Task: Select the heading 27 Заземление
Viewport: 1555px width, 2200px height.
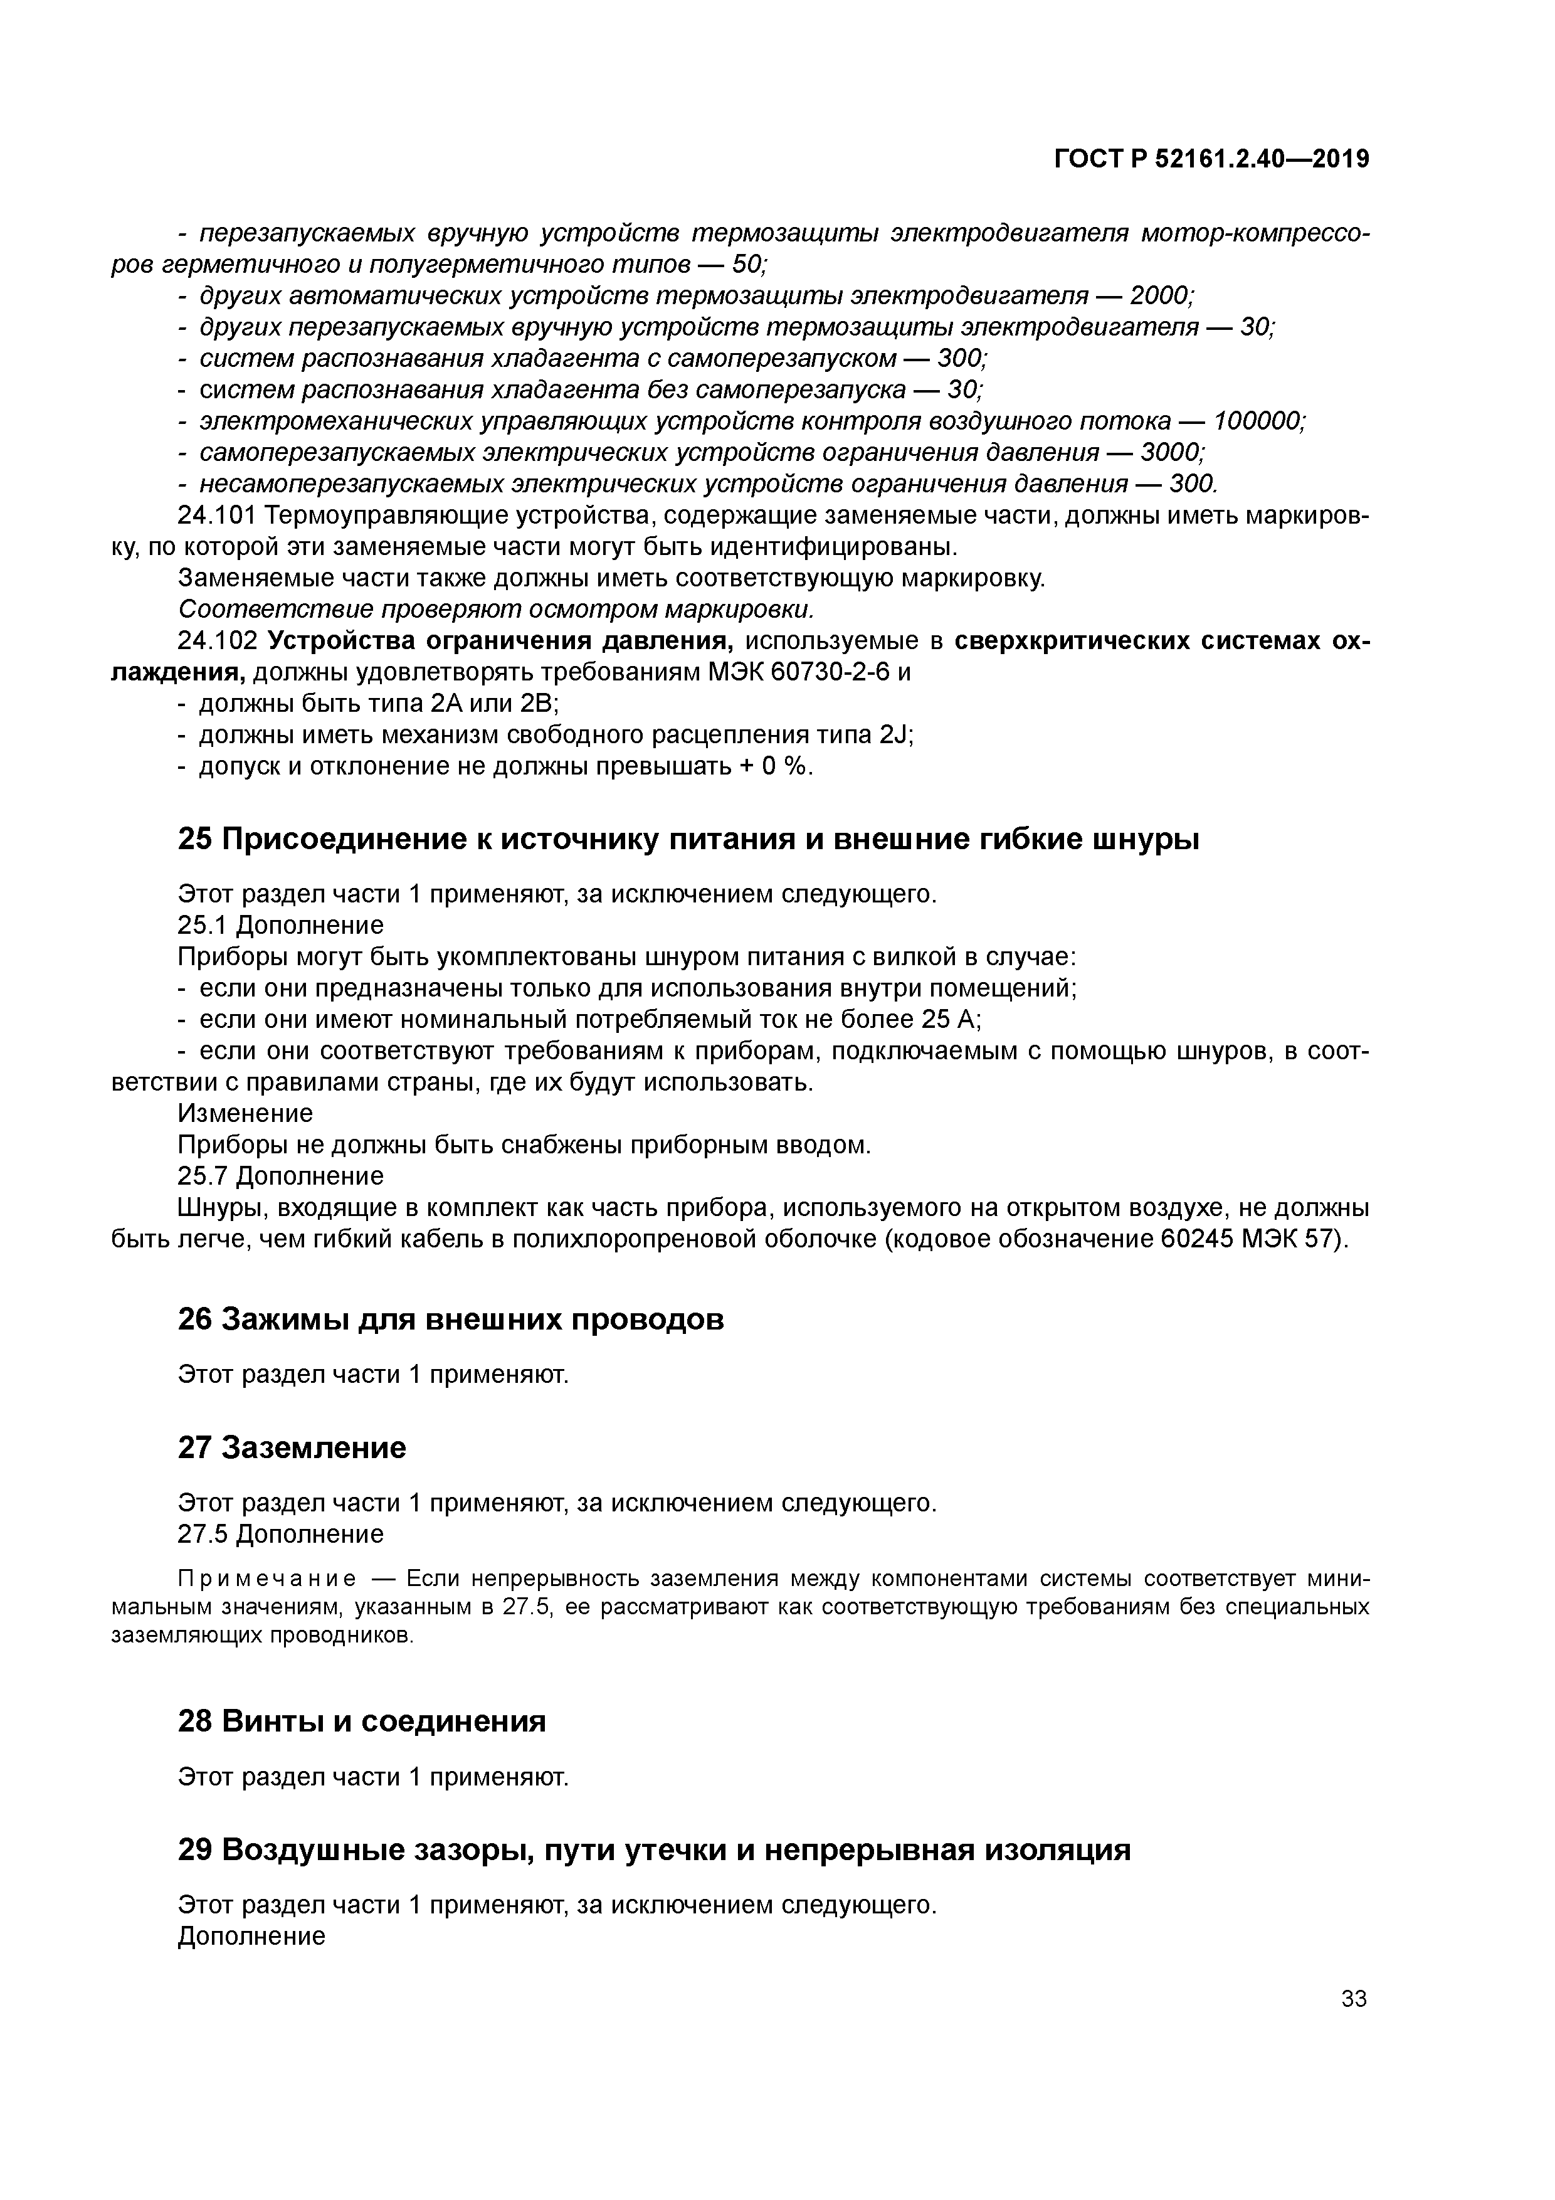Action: click(x=292, y=1448)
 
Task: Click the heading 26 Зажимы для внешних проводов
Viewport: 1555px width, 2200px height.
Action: click(x=450, y=1319)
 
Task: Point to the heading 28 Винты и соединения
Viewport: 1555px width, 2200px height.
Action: click(x=361, y=1722)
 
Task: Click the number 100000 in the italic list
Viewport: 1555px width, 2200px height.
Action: click(x=1258, y=421)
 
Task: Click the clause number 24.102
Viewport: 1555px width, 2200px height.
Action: click(x=216, y=641)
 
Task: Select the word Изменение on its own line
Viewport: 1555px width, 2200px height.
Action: click(x=245, y=1113)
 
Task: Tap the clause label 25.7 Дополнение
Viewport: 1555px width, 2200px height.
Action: click(x=281, y=1176)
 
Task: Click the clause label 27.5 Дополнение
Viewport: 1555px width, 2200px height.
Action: click(x=281, y=1534)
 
